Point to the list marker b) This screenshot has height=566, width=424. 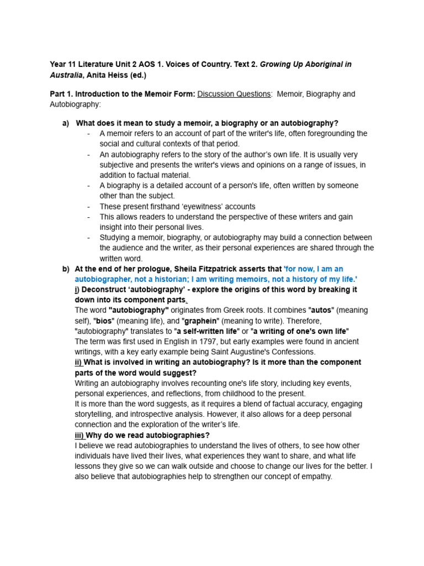pyautogui.click(x=66, y=269)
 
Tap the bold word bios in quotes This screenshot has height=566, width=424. pyautogui.click(x=102, y=321)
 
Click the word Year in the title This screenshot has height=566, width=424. pyautogui.click(x=58, y=64)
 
